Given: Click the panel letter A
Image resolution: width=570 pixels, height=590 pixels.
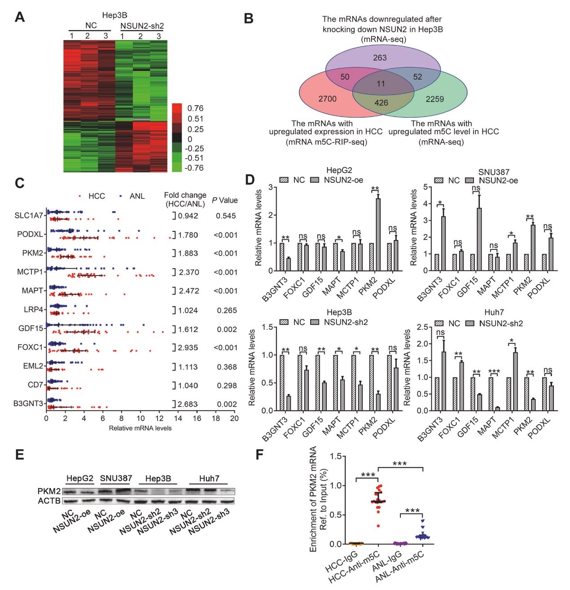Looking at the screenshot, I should [x=19, y=17].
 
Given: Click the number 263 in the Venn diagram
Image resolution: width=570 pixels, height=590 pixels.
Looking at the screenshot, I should [x=380, y=58].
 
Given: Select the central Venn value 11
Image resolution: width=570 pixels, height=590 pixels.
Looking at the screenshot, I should [x=381, y=84].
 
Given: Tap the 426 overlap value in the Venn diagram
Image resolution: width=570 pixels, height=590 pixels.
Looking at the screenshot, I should [x=381, y=102].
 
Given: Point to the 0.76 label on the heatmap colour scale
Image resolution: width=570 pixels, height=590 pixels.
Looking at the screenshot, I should [x=195, y=108].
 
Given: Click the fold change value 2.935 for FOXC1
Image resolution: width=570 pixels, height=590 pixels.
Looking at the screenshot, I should [x=188, y=348].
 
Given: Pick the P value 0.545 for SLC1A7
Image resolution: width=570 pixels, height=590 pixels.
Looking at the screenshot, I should [x=226, y=216].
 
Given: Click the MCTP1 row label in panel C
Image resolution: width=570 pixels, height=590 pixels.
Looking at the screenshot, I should [x=30, y=272].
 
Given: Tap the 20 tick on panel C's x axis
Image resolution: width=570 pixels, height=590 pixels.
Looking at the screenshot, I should [x=234, y=418].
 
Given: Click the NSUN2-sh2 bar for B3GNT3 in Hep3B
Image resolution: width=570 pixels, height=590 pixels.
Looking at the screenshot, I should [x=288, y=403].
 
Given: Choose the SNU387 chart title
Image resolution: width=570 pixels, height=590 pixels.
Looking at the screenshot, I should [x=493, y=172].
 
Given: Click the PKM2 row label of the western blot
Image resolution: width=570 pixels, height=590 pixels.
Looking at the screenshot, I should [x=49, y=491].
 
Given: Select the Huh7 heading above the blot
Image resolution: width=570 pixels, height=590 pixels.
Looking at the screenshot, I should [x=209, y=479].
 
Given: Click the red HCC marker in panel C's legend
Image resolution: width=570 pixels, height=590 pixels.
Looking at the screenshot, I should [x=79, y=196].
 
